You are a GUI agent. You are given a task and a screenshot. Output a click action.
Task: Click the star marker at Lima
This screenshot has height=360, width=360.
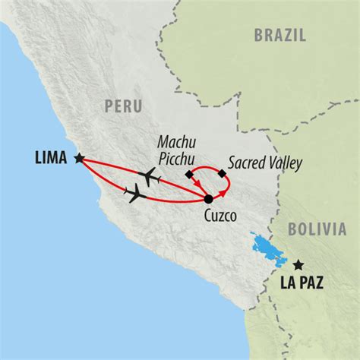pyautogui.click(x=79, y=158)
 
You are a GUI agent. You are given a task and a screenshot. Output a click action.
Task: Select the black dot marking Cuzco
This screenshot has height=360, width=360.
pyautogui.click(x=209, y=199)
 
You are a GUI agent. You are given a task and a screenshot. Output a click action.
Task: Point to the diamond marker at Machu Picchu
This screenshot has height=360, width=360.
pyautogui.click(x=189, y=175)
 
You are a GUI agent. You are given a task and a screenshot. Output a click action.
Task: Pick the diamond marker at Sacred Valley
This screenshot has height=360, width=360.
pyautogui.click(x=222, y=175)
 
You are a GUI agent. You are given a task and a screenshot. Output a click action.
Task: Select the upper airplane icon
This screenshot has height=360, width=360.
pyautogui.click(x=152, y=177)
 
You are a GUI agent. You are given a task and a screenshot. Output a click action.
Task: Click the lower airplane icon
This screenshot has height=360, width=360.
pyautogui.click(x=136, y=194)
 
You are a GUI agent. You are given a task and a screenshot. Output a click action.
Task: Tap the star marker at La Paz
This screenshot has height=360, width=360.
pyautogui.click(x=298, y=265)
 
